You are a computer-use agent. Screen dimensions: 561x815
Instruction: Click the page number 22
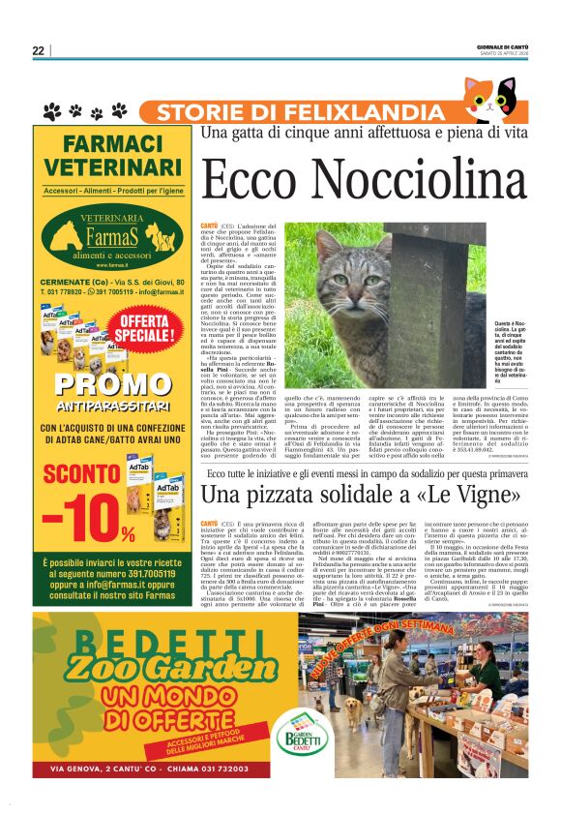click(x=38, y=50)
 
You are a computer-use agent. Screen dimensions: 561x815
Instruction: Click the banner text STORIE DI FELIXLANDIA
click(x=285, y=112)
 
